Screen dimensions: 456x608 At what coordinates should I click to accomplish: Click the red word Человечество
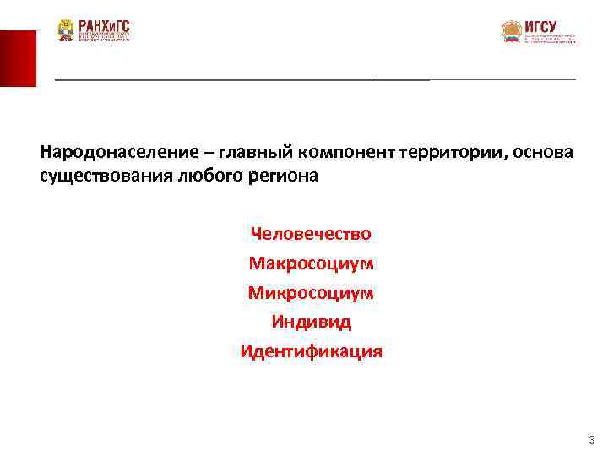click(311, 233)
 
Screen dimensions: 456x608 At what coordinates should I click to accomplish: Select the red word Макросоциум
click(311, 263)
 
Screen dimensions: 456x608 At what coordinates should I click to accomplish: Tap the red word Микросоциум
click(311, 292)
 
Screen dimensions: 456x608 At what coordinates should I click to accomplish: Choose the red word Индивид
click(311, 322)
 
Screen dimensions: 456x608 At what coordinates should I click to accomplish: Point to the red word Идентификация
click(311, 351)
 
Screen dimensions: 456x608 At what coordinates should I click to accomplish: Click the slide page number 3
click(591, 440)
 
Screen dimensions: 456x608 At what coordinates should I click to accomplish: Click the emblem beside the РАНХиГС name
click(66, 30)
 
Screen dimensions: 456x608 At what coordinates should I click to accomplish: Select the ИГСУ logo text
click(540, 27)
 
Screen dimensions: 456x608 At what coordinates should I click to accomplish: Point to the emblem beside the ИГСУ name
click(512, 32)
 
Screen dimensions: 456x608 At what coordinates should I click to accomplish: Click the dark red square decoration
click(18, 58)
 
